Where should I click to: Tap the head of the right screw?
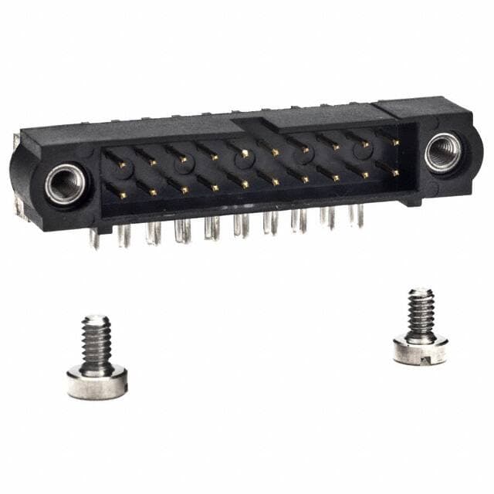point(420,350)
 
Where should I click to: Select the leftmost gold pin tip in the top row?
point(123,164)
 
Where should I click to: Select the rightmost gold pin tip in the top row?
point(395,143)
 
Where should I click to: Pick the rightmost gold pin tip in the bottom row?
point(395,174)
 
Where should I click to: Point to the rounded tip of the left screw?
point(96,318)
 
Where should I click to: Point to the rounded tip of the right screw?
point(421,292)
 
